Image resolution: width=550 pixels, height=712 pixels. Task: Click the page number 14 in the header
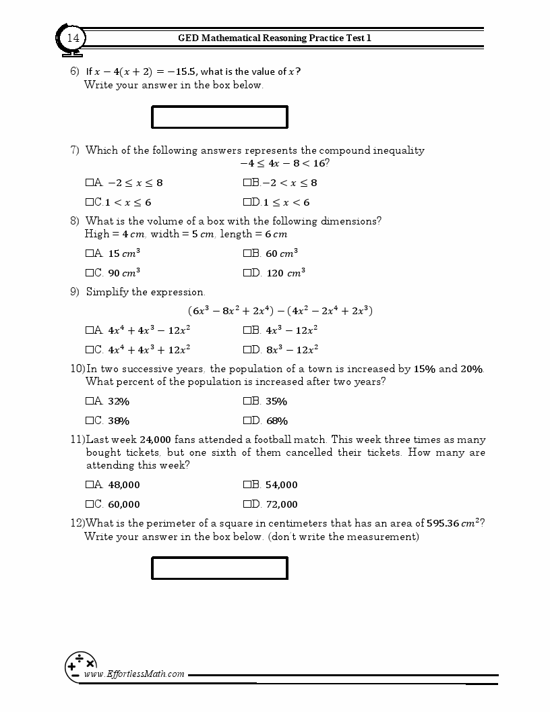click(73, 38)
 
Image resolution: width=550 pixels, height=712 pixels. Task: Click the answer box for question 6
click(220, 117)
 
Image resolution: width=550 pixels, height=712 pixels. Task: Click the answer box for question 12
click(220, 568)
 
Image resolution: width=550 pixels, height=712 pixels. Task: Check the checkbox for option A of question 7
click(90, 183)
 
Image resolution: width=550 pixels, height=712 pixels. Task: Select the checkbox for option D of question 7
click(247, 202)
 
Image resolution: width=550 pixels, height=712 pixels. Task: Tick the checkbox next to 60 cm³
click(247, 254)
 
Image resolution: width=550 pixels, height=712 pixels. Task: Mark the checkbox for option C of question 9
click(90, 350)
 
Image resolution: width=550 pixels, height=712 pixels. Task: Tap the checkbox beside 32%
click(90, 401)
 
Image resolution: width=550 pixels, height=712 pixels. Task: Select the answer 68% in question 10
click(276, 421)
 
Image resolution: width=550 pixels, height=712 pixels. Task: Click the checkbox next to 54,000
click(247, 485)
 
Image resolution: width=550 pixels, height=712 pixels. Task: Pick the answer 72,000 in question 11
click(281, 504)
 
